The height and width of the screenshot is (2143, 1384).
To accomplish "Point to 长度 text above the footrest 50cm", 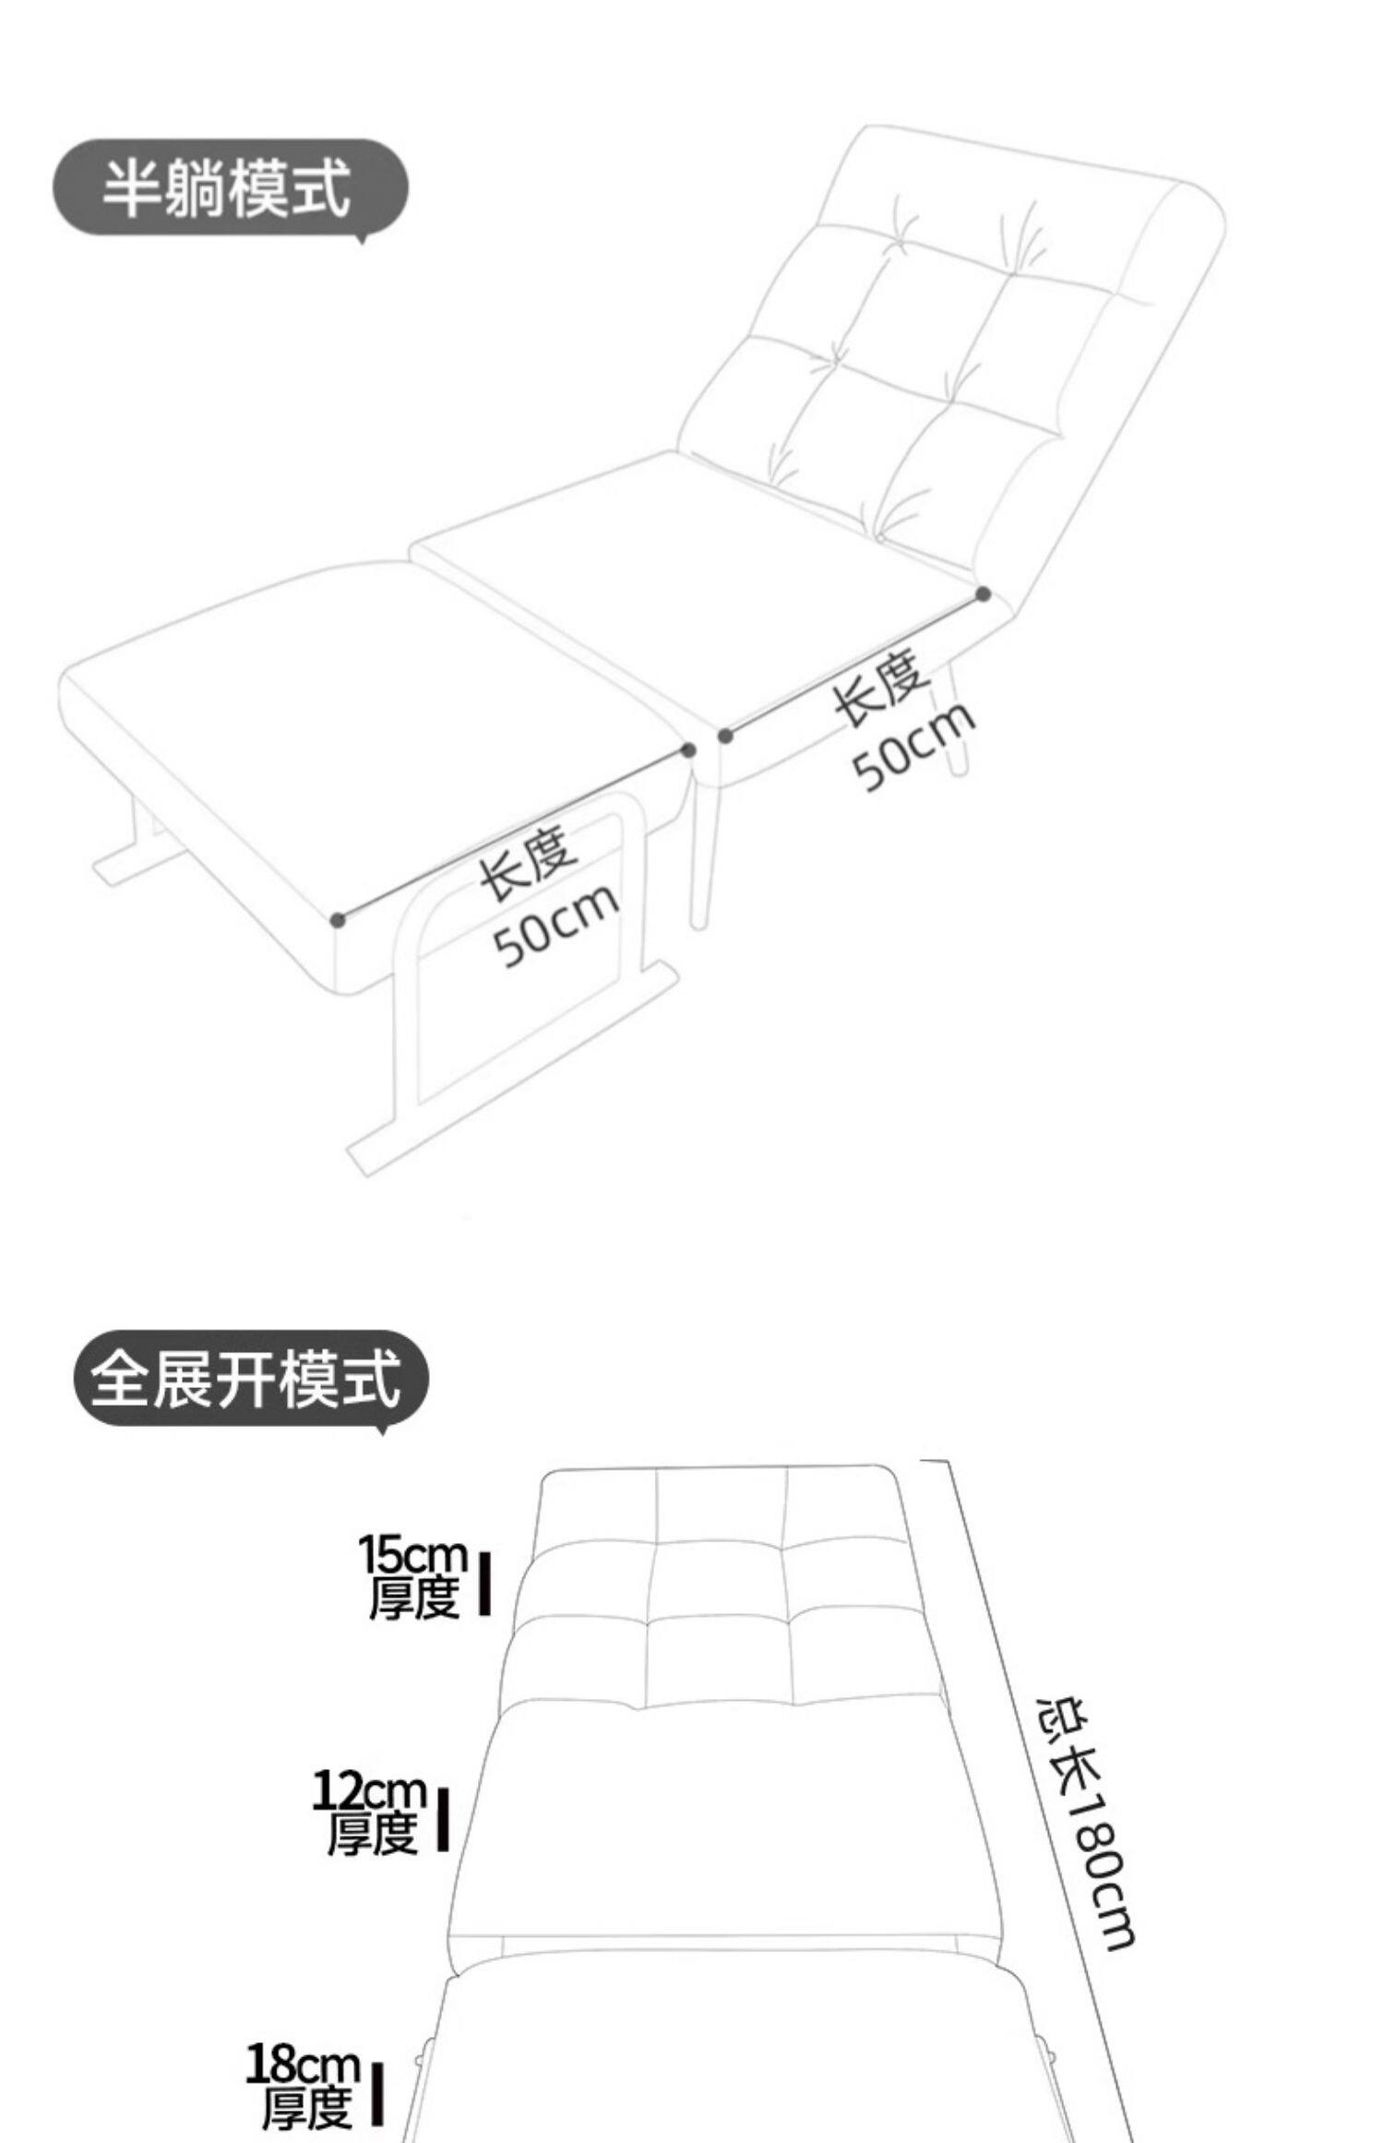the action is pos(528,864).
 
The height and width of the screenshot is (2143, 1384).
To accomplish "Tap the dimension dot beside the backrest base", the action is pos(984,594).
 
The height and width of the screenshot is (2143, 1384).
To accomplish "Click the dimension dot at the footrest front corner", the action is pos(338,919).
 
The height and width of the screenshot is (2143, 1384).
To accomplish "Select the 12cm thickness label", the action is pos(370,1791).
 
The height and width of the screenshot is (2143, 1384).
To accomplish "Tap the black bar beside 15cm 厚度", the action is pos(484,1584).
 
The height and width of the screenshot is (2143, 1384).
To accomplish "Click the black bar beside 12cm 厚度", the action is pos(443,1819).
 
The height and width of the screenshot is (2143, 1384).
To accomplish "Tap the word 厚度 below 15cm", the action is pos(413,1599).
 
